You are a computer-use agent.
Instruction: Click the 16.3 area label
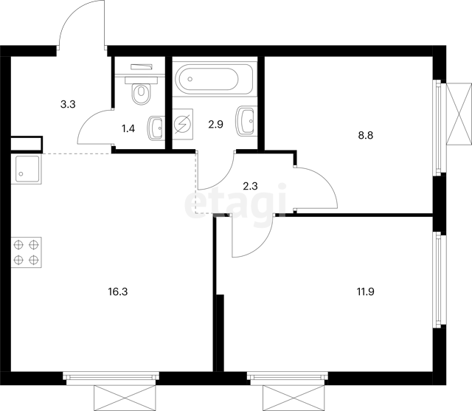point(118,291)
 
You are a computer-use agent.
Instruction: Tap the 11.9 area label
point(366,291)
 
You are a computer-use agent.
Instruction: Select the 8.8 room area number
point(366,136)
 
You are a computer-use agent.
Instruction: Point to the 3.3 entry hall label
point(68,105)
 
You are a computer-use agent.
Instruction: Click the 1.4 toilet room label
point(128,129)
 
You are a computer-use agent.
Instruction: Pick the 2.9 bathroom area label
point(216,124)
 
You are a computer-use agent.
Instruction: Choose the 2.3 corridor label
point(250,187)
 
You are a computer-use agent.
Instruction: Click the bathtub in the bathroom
point(215,79)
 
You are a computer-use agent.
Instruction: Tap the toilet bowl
point(141,90)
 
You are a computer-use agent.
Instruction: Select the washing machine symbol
point(183,124)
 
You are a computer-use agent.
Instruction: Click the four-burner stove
point(27,252)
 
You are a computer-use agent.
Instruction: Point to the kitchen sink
point(27,169)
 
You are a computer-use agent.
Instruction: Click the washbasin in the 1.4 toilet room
point(156,128)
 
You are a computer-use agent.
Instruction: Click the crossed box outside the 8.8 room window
point(459,114)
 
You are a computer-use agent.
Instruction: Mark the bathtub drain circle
point(190,79)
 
